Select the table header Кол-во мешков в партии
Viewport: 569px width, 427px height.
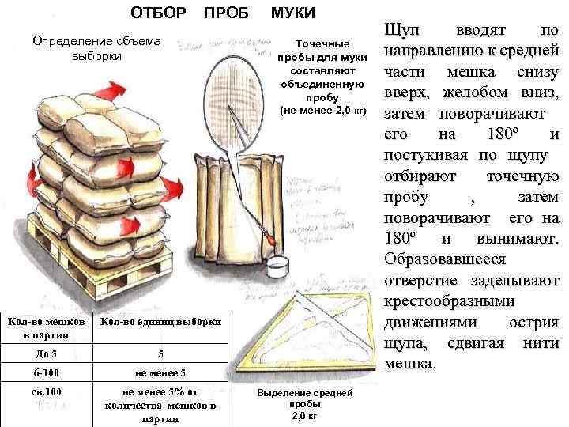coord(46,327)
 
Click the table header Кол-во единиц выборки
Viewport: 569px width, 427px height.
coord(160,322)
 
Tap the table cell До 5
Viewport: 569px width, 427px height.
coord(46,353)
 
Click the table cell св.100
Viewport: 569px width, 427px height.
coord(46,393)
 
